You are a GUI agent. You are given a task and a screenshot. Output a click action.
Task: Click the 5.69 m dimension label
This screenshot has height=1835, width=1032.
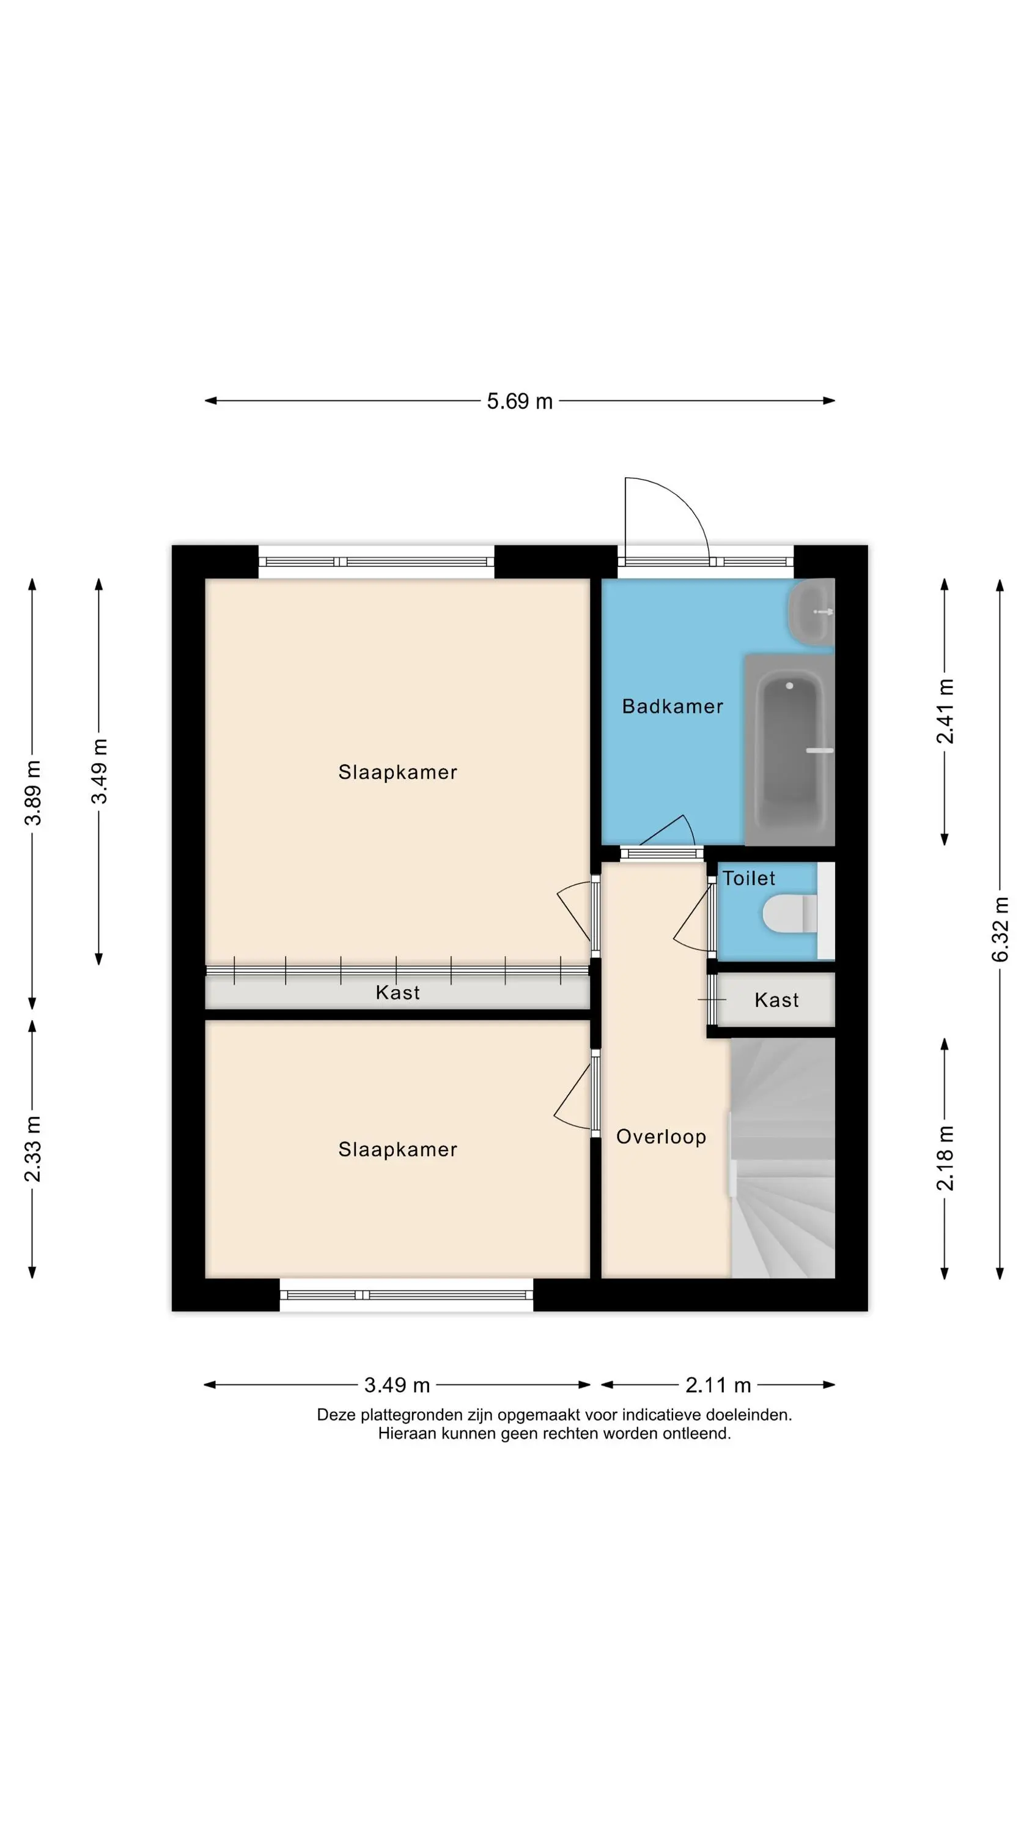pos(519,401)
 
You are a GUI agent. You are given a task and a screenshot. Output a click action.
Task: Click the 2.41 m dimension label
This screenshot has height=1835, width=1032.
pos(945,711)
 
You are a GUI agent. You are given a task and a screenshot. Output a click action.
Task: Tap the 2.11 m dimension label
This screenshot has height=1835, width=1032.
pos(718,1385)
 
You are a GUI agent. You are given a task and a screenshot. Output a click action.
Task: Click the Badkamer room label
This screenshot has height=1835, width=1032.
pos(673,706)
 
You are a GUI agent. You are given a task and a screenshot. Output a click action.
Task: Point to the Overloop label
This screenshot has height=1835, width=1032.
pos(661,1137)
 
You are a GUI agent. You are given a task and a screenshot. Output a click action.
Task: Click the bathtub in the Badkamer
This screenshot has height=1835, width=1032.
pos(789,749)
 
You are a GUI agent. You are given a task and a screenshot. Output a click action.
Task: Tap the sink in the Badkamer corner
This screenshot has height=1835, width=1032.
pos(811,611)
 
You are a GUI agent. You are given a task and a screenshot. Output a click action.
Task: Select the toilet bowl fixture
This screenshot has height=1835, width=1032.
pos(791,914)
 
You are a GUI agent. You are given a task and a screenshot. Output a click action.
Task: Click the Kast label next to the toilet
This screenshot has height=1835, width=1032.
pos(776,1000)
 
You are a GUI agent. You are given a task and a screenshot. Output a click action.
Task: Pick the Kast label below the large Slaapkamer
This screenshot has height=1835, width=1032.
pos(397,992)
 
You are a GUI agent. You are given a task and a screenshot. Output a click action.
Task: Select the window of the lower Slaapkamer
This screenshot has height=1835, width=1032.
pos(406,1295)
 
